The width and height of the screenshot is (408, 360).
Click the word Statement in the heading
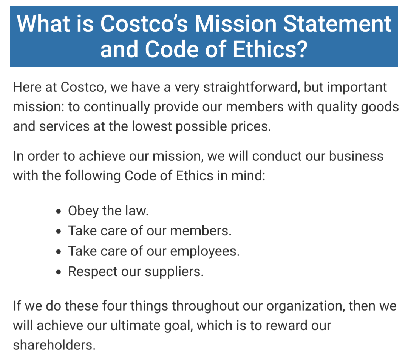click(337, 24)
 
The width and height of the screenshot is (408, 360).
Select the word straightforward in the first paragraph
click(251, 87)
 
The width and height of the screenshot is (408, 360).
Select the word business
click(356, 156)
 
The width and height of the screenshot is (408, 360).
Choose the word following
click(93, 176)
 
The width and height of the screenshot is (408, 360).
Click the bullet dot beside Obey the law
click(59, 211)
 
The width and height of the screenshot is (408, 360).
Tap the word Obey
click(83, 211)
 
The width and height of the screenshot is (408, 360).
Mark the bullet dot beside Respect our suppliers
click(59, 272)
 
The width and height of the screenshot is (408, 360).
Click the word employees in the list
click(205, 251)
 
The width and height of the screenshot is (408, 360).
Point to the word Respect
click(93, 272)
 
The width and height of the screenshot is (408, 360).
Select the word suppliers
click(174, 272)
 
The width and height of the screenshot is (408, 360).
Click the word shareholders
click(54, 345)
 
